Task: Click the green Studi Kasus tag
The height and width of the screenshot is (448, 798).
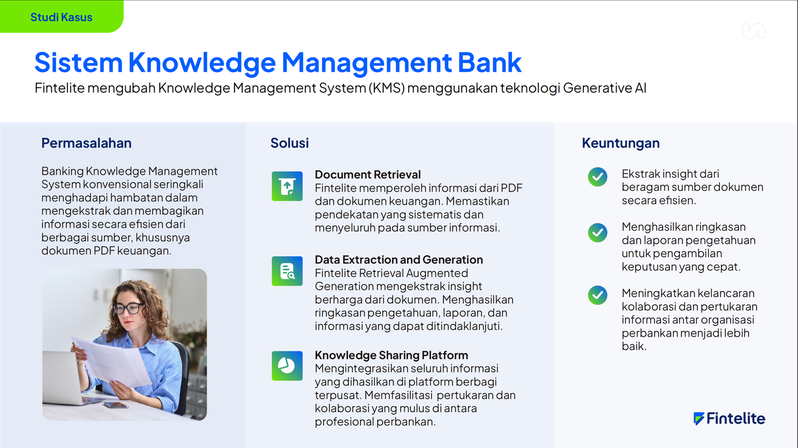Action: pos(61,17)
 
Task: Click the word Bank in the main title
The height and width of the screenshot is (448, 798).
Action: pos(490,63)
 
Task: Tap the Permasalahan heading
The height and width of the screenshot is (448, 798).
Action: pos(86,143)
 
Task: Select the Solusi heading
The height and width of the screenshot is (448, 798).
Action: pos(289,143)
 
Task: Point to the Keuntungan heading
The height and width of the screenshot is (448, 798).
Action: pos(621,143)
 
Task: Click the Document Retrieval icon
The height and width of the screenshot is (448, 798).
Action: pos(287,186)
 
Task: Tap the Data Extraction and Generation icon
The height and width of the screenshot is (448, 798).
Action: pos(287,271)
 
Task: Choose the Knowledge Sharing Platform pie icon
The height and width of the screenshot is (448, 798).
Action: pos(287,366)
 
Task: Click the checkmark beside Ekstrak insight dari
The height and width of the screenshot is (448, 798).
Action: pos(598,177)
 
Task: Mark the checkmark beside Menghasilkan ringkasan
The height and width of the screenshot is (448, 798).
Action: pos(598,232)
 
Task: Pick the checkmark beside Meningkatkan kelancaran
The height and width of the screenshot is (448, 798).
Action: pos(598,295)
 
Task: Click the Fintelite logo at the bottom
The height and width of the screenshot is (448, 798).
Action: pos(729,419)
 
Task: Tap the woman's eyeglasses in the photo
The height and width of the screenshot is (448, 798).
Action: pos(128,307)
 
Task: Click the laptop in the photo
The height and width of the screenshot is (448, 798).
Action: pos(66,377)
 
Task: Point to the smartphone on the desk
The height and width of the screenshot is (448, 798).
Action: pos(115,405)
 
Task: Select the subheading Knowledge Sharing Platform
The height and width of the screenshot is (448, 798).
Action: pos(391,355)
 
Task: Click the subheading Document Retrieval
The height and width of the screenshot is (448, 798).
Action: pos(367,174)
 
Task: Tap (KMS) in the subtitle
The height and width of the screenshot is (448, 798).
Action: pos(387,88)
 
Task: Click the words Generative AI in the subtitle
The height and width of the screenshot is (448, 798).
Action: pos(605,88)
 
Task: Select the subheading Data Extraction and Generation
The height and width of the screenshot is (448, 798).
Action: pos(398,260)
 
